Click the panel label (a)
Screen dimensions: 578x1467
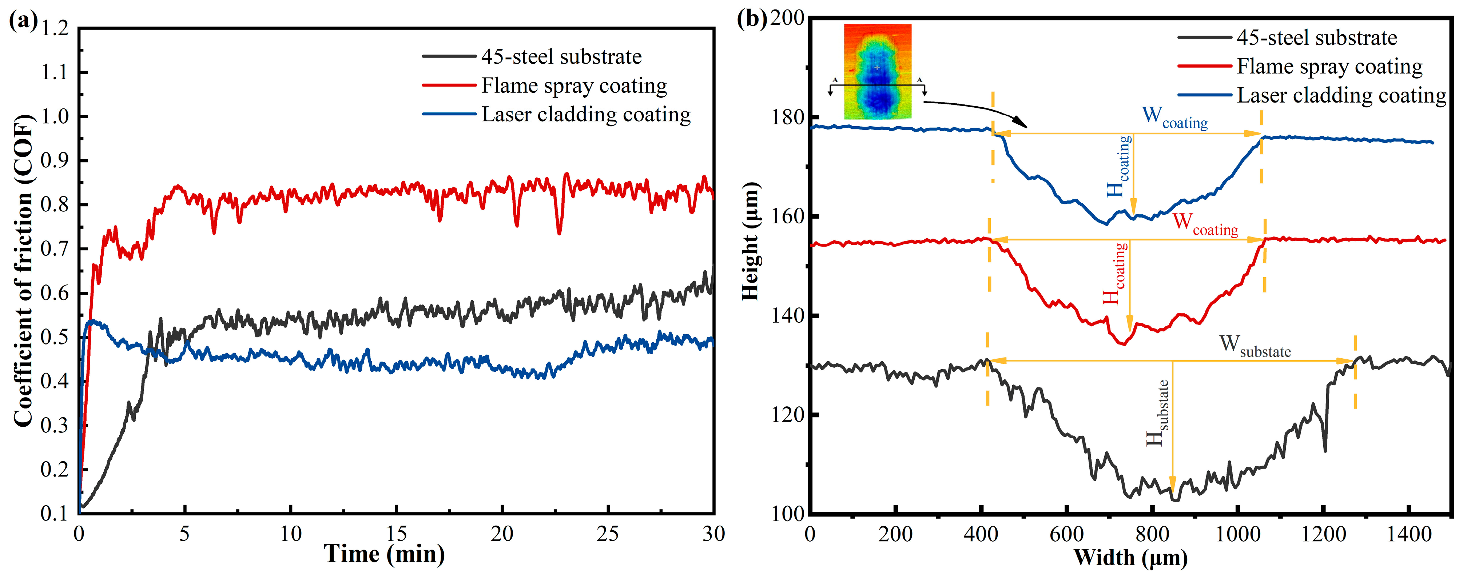(23, 21)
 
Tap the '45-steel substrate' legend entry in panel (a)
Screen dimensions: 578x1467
(561, 57)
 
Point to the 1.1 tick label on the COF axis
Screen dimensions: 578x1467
(55, 72)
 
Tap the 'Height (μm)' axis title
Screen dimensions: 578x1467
(751, 242)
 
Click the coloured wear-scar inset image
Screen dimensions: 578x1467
(878, 71)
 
